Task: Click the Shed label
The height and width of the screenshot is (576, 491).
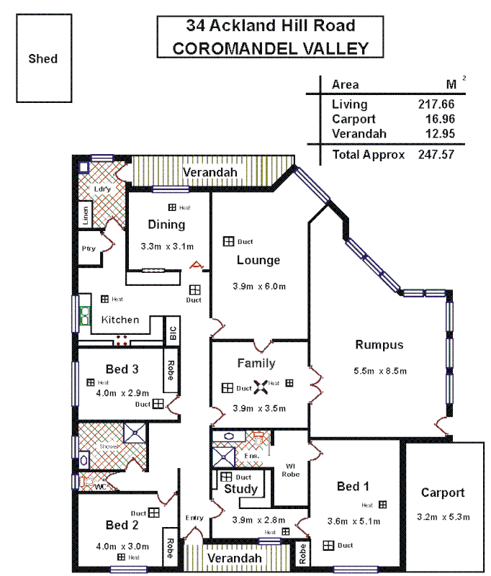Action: [x=42, y=58]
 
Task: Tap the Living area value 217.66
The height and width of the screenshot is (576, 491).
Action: [x=436, y=104]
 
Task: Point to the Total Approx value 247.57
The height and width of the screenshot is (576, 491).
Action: [x=436, y=154]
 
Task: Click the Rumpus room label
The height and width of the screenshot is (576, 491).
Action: [x=379, y=345]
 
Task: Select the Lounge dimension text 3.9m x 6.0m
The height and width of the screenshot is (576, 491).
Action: [x=259, y=286]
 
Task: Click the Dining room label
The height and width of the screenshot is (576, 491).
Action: [x=166, y=224]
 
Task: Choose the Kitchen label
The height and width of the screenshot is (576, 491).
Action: [x=120, y=319]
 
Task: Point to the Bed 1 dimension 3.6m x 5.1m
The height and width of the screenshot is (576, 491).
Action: [x=352, y=521]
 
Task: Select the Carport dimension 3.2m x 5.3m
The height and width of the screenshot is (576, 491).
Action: [x=443, y=517]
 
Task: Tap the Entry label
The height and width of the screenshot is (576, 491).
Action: [x=194, y=518]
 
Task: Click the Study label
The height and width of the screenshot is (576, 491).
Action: [x=240, y=490]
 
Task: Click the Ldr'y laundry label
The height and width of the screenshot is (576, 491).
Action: [x=100, y=189]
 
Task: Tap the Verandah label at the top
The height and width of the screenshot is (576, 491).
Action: [x=210, y=173]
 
